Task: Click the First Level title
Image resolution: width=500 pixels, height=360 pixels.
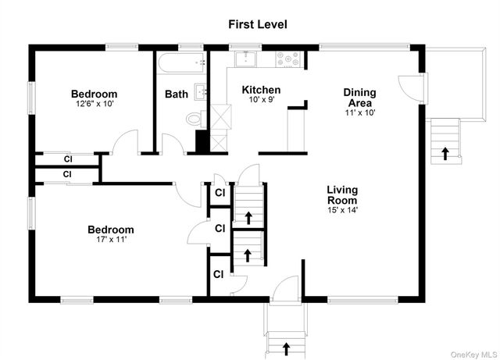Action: point(258,24)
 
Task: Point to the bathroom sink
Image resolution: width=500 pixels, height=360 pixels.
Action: point(201,92)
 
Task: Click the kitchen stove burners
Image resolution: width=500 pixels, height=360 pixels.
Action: point(288,59)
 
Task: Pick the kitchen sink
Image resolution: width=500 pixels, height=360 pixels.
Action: point(245,59)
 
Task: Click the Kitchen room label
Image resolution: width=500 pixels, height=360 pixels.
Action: point(261,90)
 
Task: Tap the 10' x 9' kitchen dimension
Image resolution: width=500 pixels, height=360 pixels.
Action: point(262,99)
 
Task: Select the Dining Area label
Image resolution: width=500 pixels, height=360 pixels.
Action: point(359,98)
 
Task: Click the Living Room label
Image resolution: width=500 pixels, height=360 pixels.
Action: point(342,194)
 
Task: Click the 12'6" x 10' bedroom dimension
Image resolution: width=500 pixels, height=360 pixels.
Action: point(95,104)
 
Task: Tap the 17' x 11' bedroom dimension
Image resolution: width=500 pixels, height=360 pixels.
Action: point(111,239)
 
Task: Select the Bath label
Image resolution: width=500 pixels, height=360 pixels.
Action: point(177,94)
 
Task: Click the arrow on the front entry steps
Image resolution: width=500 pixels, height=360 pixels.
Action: point(287,349)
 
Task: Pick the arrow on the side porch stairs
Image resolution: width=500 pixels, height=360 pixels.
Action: point(445,153)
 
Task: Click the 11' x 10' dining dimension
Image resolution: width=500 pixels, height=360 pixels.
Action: point(360,112)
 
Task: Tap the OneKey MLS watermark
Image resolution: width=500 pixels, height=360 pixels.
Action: point(473,355)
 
